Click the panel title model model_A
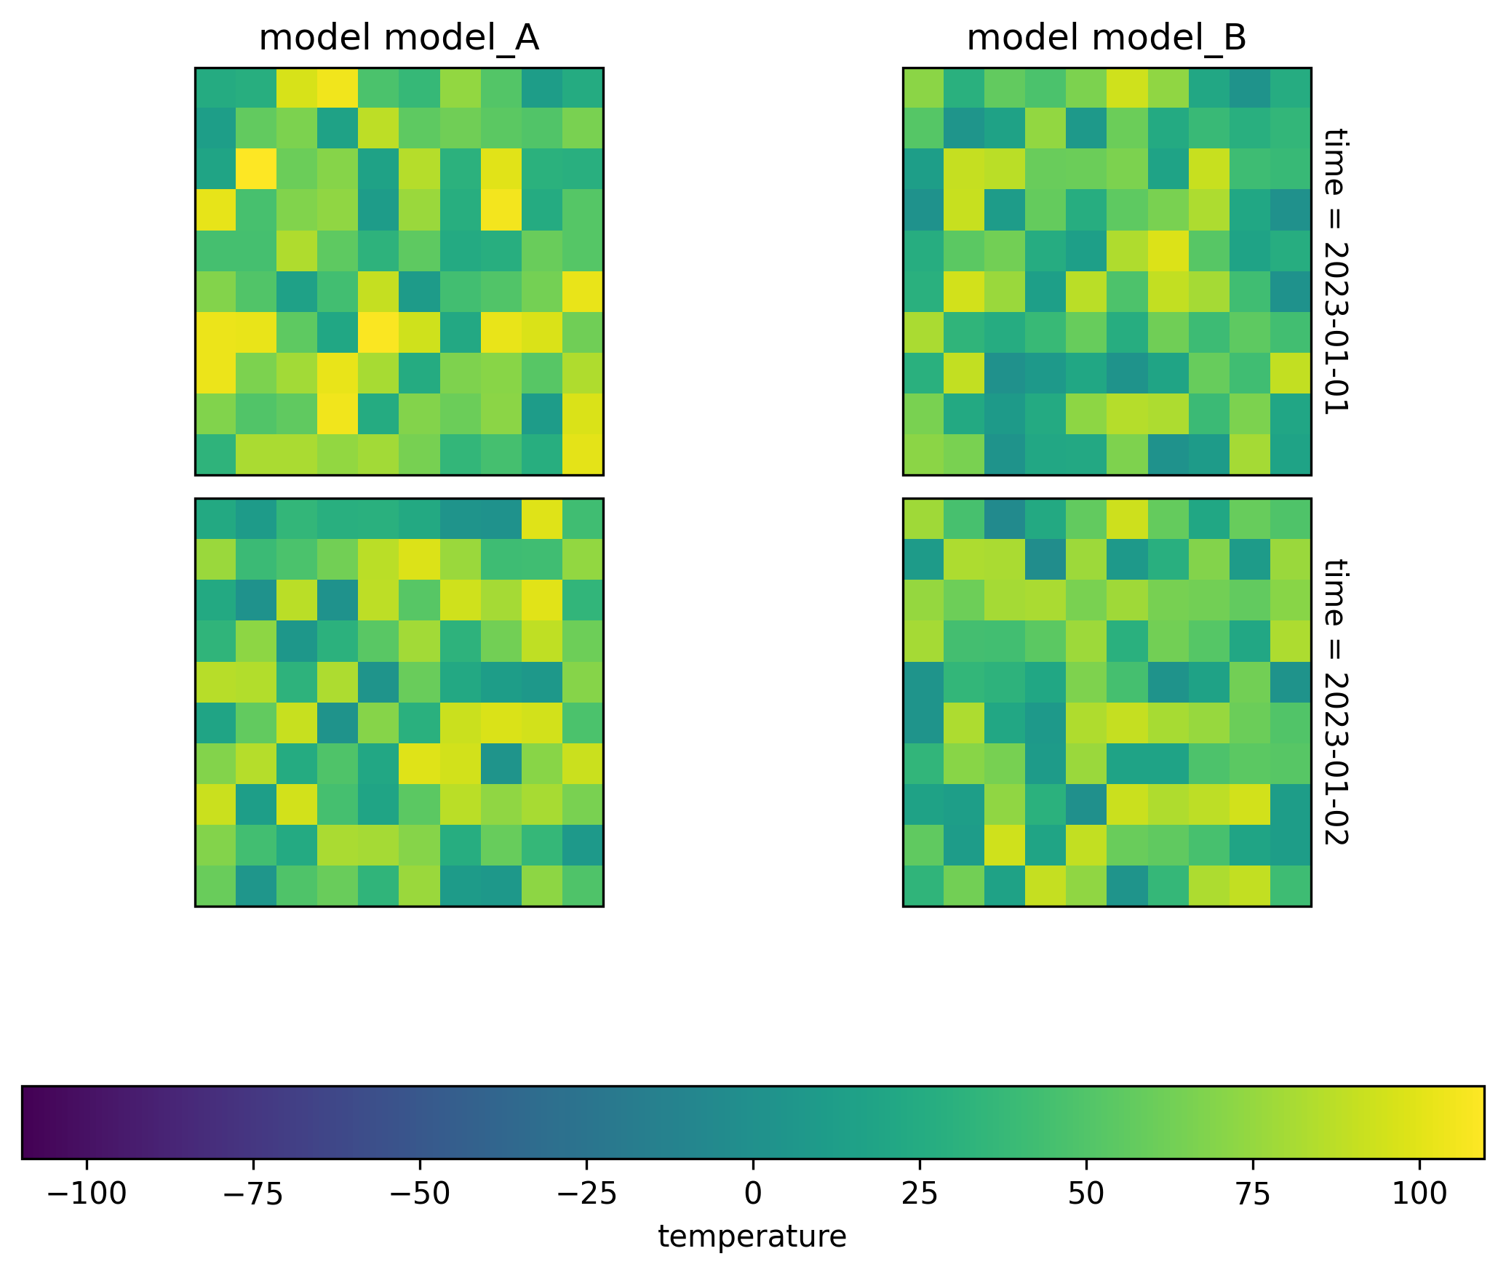399,39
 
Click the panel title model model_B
1107,39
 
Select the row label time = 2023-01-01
1335,271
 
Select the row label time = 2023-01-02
1335,702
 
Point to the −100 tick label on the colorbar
87,1194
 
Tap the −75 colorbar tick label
253,1194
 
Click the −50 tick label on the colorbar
420,1194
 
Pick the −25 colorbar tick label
586,1194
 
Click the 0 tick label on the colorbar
753,1194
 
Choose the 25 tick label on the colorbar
920,1194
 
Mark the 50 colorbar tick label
1086,1194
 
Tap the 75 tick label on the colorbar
1253,1194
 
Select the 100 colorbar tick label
1419,1194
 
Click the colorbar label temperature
752,1237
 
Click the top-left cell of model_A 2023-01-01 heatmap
215,88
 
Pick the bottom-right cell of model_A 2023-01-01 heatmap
583,455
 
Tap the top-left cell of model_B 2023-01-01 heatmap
923,88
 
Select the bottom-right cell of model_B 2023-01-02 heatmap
1291,886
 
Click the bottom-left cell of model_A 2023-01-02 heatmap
215,886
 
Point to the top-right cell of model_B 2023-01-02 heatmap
1291,519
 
